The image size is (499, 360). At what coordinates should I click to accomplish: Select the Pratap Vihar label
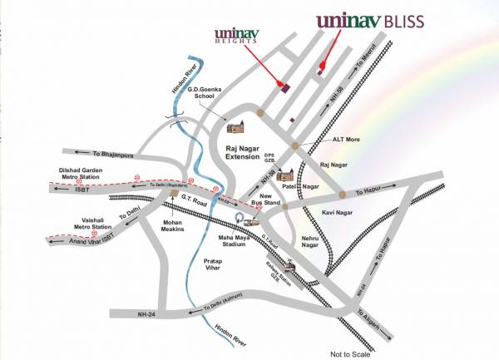(x=219, y=265)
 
